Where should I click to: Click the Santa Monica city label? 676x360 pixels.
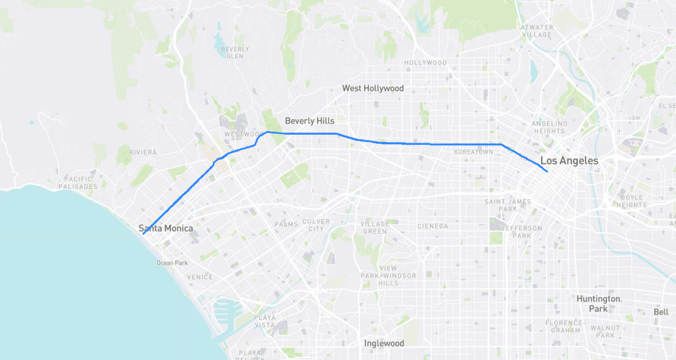tap(166, 228)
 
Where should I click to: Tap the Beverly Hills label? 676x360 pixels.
tap(309, 121)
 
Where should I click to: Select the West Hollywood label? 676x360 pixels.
tap(373, 88)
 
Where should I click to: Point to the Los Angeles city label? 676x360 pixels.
tap(569, 161)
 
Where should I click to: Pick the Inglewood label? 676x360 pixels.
tap(384, 343)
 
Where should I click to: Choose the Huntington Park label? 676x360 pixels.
tap(599, 303)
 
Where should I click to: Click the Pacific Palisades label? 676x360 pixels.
tap(77, 182)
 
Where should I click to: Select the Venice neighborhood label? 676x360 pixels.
tap(200, 277)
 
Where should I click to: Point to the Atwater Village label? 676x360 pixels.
tap(536, 31)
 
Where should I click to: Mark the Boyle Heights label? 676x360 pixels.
tap(632, 201)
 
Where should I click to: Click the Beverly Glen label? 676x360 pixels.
tap(235, 53)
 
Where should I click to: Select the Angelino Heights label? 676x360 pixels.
tap(549, 127)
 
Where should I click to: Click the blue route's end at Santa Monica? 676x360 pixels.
tap(143, 234)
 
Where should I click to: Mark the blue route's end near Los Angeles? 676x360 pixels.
tap(547, 171)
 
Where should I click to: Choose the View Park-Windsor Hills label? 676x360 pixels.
tap(388, 276)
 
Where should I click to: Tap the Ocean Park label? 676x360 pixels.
tap(172, 263)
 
